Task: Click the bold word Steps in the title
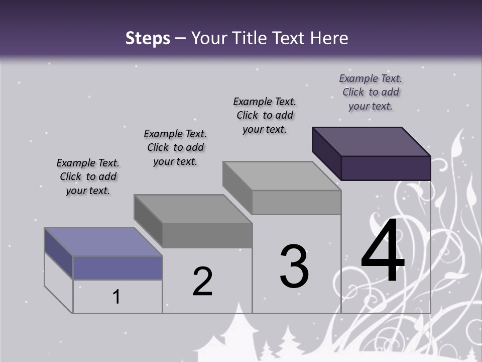(x=148, y=38)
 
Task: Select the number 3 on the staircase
(x=294, y=266)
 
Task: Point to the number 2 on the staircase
(x=203, y=282)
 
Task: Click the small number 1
(x=116, y=297)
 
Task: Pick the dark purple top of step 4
(x=372, y=142)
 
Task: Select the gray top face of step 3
(x=281, y=176)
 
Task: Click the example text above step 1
(x=88, y=176)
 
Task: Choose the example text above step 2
(x=175, y=147)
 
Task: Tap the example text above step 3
(x=265, y=115)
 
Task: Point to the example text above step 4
(x=371, y=92)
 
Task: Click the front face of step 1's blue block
(x=117, y=267)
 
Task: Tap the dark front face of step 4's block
(x=386, y=168)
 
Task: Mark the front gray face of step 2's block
(x=207, y=235)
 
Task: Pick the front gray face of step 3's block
(x=296, y=203)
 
